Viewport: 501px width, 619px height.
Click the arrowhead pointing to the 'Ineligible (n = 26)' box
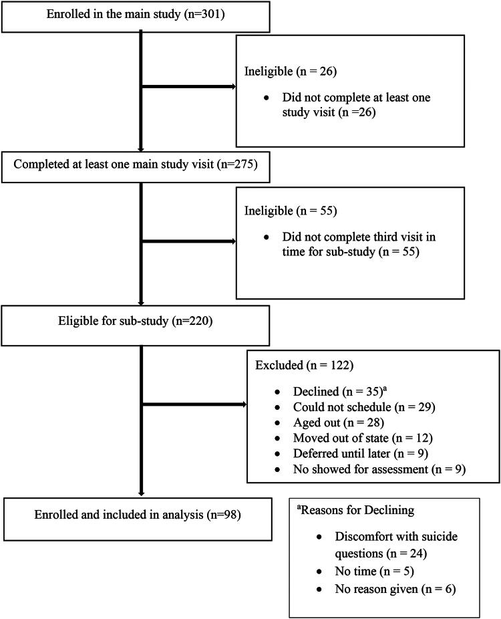[232, 86]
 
